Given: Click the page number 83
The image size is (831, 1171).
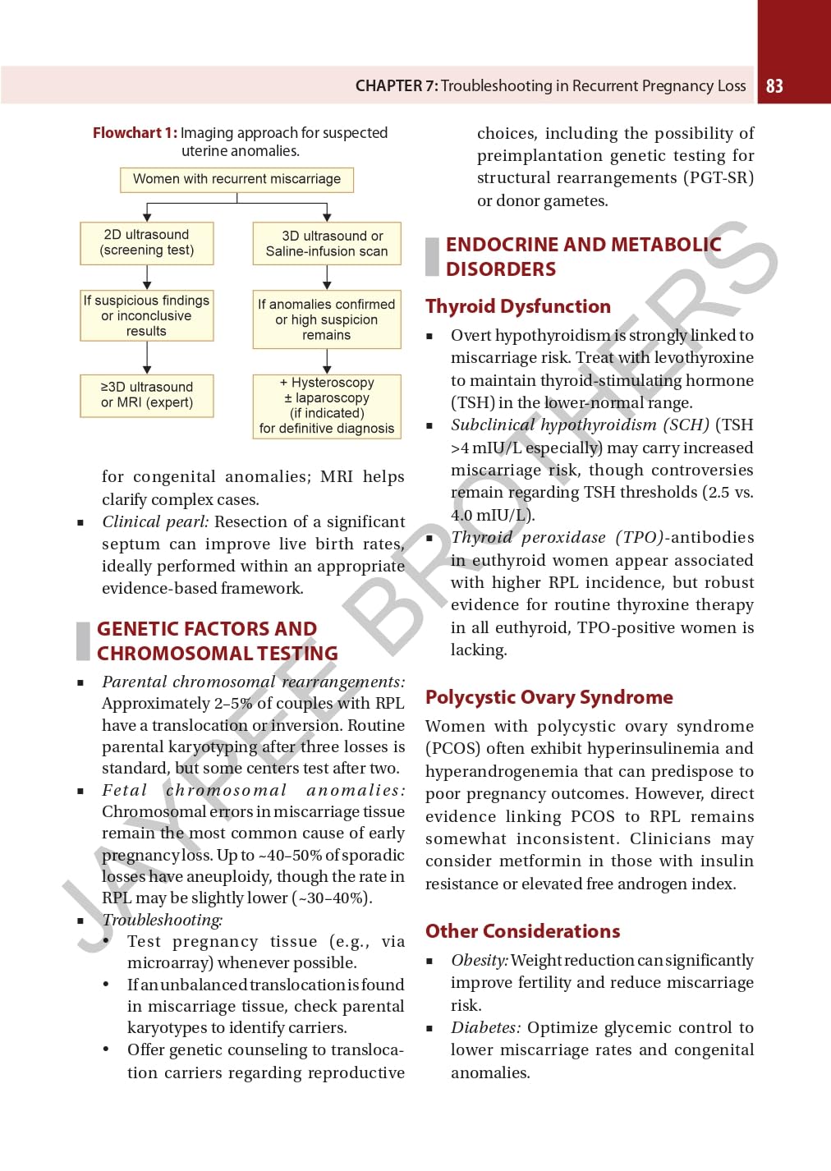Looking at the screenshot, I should pyautogui.click(x=774, y=86).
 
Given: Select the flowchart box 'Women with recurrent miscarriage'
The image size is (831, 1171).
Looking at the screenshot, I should pyautogui.click(x=236, y=179).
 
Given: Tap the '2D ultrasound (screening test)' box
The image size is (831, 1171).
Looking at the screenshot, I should pyautogui.click(x=147, y=242).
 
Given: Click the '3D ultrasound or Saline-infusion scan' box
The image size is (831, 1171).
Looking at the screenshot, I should pyautogui.click(x=327, y=243).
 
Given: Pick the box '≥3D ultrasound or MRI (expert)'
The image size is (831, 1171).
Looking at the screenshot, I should pyautogui.click(x=147, y=395).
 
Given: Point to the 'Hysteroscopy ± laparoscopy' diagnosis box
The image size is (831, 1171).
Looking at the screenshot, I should pyautogui.click(x=327, y=406).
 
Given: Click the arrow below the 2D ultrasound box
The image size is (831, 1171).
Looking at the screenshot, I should pyautogui.click(x=147, y=277).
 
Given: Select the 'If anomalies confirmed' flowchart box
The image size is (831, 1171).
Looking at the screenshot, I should pyautogui.click(x=327, y=319).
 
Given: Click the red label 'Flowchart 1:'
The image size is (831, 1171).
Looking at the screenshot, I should pyautogui.click(x=135, y=133).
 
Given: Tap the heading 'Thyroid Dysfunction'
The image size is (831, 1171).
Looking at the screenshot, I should pyautogui.click(x=518, y=306).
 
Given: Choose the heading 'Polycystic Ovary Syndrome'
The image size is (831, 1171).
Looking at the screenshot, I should pyautogui.click(x=549, y=697).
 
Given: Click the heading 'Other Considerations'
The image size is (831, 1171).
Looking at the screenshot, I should pyautogui.click(x=522, y=931).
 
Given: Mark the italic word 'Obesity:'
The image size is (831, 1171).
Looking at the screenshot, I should pyautogui.click(x=480, y=960).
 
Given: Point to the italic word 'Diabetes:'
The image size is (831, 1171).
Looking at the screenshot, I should pyautogui.click(x=485, y=1027).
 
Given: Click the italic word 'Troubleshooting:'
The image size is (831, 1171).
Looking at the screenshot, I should pyautogui.click(x=163, y=920).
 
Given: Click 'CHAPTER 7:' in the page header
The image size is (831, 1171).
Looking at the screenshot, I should pyautogui.click(x=396, y=86).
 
